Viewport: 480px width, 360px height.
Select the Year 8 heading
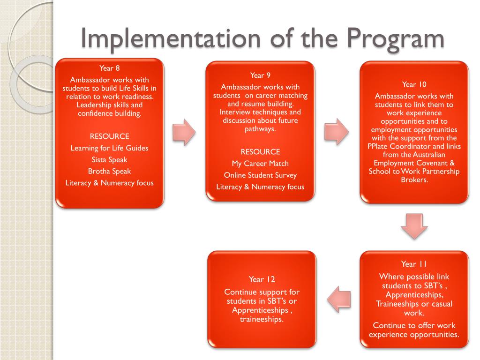(110, 68)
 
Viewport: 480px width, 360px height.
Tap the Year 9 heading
(260, 75)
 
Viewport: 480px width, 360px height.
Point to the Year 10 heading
(414, 84)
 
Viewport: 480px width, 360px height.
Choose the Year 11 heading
(414, 264)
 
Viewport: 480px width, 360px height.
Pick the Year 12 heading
(262, 279)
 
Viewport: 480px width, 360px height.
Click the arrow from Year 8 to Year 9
(184, 131)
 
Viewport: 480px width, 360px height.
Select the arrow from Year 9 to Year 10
(337, 131)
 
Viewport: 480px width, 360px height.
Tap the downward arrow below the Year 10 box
(414, 226)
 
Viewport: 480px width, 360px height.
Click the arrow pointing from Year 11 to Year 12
(339, 299)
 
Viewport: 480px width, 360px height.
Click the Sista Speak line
(110, 159)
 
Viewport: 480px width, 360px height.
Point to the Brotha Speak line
(110, 171)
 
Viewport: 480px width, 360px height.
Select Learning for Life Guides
(110, 148)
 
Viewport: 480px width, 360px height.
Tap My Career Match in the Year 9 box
(260, 164)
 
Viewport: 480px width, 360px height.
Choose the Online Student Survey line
(260, 175)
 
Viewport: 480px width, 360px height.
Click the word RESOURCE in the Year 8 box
(110, 136)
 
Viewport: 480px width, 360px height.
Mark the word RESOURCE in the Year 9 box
(260, 152)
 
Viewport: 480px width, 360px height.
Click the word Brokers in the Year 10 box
(414, 180)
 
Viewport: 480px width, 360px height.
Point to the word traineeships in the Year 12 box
(261, 319)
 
